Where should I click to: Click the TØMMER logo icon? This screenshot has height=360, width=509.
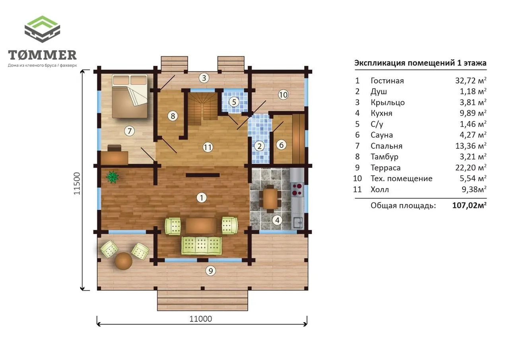[x=42, y=29]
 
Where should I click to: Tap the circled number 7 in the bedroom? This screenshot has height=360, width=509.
[x=130, y=131]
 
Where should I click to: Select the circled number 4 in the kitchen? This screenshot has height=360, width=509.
[x=277, y=220]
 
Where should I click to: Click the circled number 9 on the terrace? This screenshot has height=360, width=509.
[x=210, y=270]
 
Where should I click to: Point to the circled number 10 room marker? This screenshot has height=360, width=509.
[x=283, y=95]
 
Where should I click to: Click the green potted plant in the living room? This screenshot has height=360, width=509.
[x=112, y=177]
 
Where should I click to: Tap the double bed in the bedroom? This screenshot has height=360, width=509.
[x=130, y=96]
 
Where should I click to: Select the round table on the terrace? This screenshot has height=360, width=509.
[x=123, y=261]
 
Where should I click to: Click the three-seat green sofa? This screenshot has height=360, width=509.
[x=202, y=245]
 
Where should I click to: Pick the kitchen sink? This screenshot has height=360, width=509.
[x=297, y=222]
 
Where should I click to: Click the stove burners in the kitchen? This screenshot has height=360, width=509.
[x=297, y=189]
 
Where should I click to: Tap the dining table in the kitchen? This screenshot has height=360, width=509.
[x=270, y=198]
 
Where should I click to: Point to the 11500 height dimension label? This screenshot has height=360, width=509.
[x=77, y=183]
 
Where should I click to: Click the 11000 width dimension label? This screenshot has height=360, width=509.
[x=201, y=319]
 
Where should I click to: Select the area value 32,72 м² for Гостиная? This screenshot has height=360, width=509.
[x=470, y=80]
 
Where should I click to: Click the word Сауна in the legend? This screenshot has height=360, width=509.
[x=382, y=135]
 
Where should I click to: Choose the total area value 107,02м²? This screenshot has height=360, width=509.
[x=469, y=205]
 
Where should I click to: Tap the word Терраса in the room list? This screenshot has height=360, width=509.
[x=386, y=168]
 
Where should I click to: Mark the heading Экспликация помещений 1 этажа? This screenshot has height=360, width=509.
[x=420, y=63]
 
